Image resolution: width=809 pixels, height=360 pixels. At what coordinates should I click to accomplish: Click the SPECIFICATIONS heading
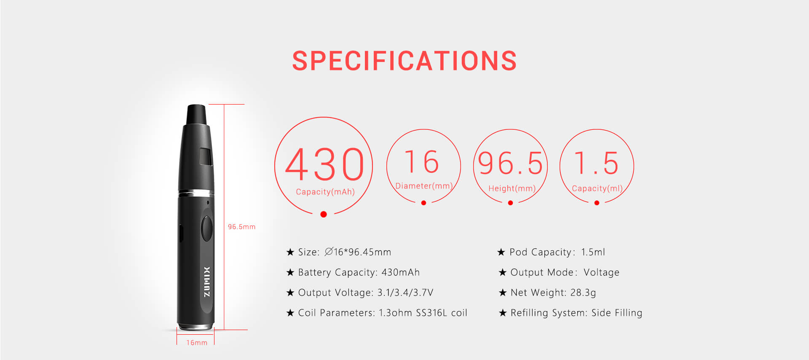coord(404,61)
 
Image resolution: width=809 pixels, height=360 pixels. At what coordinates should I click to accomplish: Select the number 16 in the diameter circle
coord(422,162)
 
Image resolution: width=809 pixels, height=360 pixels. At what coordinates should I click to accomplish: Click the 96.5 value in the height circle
coord(510,163)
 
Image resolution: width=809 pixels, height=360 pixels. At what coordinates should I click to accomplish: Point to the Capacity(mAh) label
coord(325,192)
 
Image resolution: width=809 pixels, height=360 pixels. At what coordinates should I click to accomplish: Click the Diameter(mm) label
coord(424,186)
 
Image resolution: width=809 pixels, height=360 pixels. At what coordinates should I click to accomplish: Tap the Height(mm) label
coord(512,188)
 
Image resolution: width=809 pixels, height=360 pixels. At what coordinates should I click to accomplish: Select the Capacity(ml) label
coord(597,188)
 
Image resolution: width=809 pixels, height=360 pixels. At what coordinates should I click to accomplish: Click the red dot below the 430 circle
coord(324,214)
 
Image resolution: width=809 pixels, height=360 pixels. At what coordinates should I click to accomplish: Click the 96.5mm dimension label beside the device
coord(241,227)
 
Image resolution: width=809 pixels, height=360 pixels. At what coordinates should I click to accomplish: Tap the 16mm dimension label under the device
coord(197,343)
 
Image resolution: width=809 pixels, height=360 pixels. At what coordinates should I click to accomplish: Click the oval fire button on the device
coord(207,228)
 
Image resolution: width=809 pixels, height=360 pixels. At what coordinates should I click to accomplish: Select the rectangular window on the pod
coord(206,156)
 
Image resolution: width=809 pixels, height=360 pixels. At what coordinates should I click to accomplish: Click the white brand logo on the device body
coord(206,282)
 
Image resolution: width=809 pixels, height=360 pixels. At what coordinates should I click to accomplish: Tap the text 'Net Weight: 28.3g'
coord(553,293)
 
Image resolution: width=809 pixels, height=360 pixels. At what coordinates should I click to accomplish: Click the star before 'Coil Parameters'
coord(290,313)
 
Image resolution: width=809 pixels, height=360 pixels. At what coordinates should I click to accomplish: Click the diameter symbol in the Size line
coord(329,252)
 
